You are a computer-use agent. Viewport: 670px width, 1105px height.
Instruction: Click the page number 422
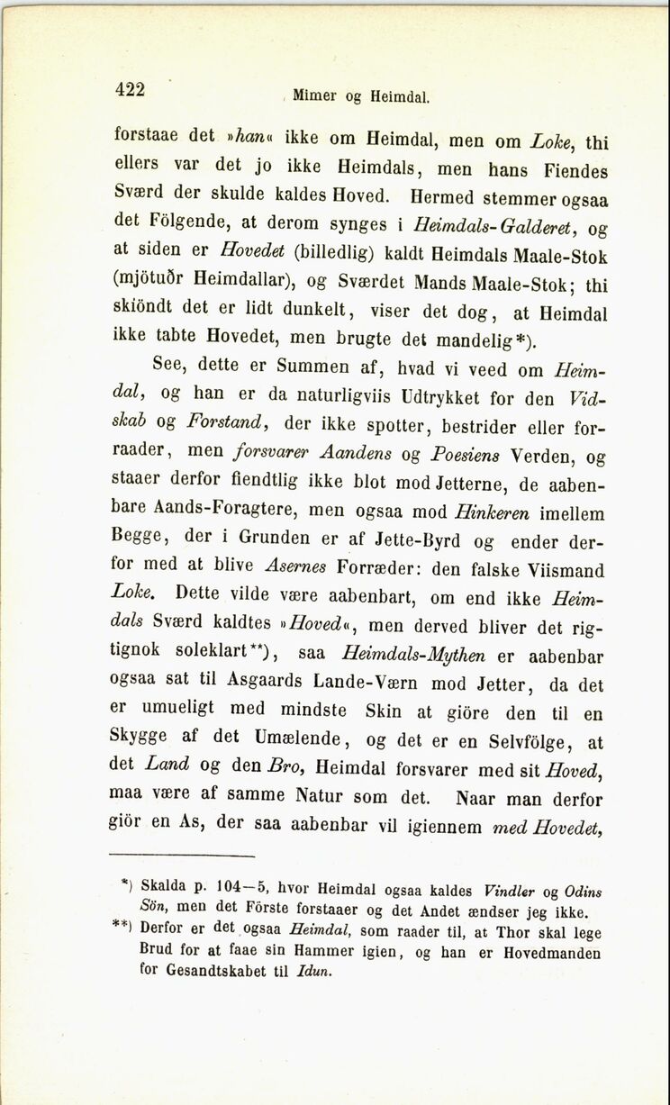(130, 88)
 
